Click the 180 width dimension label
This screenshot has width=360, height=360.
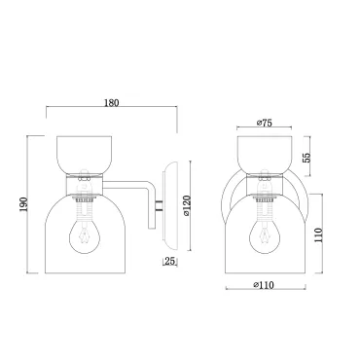112,103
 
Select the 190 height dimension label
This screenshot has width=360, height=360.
23,204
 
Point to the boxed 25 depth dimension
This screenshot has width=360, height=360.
170,261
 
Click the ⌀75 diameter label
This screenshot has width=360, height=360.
264,123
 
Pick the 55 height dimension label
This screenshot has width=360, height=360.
306,158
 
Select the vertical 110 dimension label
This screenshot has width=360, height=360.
319,235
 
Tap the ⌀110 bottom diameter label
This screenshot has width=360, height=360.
264,285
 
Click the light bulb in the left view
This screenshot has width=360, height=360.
85,235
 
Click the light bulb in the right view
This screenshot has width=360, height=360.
265,235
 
